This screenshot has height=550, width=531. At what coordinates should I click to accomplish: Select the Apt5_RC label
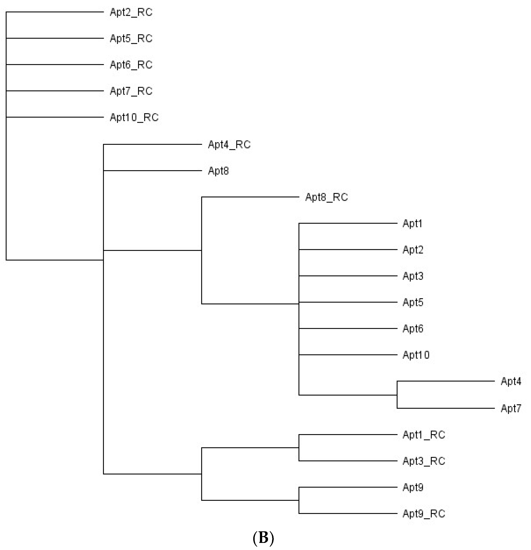pyautogui.click(x=131, y=39)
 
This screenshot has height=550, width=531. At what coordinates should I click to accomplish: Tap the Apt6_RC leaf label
pyautogui.click(x=131, y=65)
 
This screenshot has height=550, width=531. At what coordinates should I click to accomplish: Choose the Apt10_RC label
pyautogui.click(x=134, y=117)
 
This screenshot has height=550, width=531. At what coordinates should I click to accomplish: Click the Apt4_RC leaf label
pyautogui.click(x=229, y=145)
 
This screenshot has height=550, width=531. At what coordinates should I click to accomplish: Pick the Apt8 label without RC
pyautogui.click(x=218, y=171)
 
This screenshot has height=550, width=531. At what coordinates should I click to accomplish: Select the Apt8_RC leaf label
pyautogui.click(x=326, y=197)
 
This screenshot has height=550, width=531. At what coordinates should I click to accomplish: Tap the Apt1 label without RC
pyautogui.click(x=412, y=224)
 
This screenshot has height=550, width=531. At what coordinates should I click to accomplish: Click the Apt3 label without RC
pyautogui.click(x=413, y=276)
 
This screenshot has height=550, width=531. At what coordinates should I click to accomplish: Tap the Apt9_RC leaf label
pyautogui.click(x=424, y=514)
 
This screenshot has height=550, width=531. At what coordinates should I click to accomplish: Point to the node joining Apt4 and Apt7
pyautogui.click(x=397, y=395)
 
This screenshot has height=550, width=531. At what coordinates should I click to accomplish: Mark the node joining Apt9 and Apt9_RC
pyautogui.click(x=299, y=500)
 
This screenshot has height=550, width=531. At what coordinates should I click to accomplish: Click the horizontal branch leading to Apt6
pyautogui.click(x=348, y=329)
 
